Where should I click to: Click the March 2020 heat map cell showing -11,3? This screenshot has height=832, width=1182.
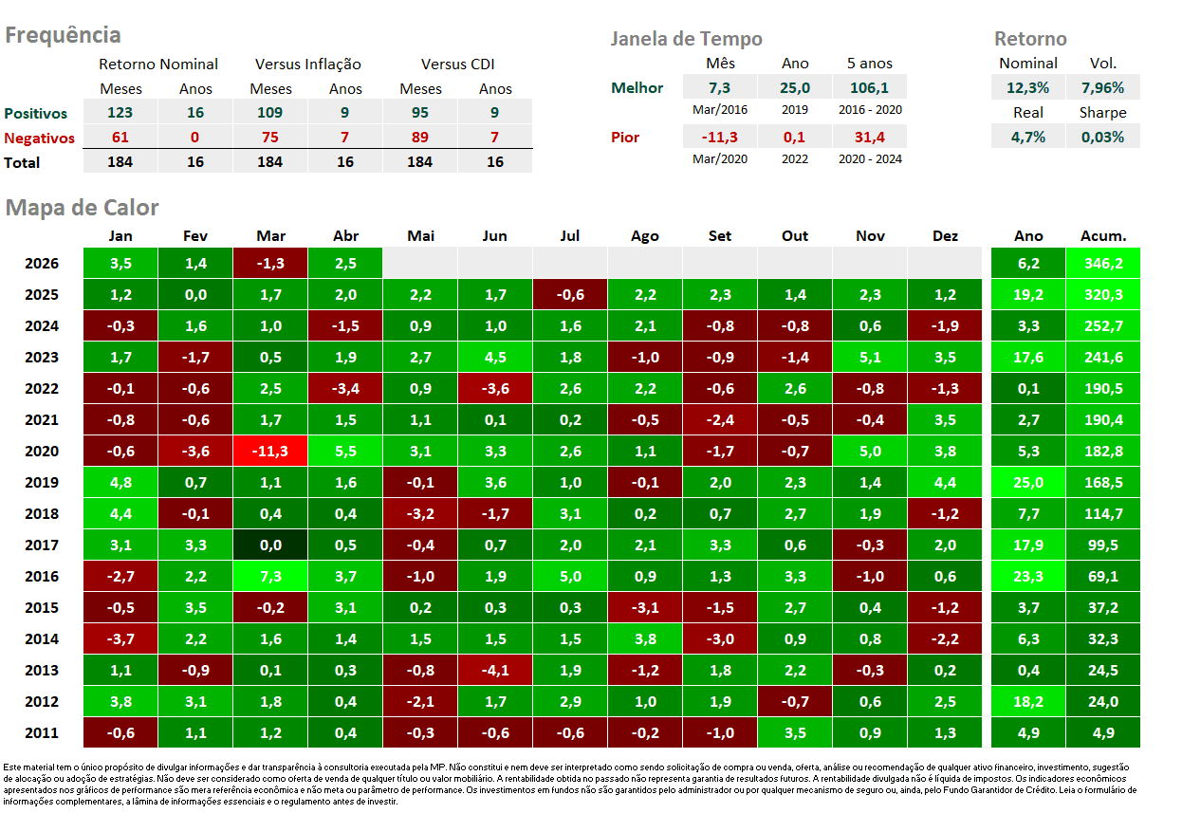[270, 451]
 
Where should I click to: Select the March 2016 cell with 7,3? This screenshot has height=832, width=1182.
[270, 576]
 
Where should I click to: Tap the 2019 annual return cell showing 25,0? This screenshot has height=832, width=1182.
[1028, 482]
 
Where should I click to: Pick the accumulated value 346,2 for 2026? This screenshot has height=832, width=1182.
[1103, 264]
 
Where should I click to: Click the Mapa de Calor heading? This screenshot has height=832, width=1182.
[82, 208]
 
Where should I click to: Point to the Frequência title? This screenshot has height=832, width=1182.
[63, 35]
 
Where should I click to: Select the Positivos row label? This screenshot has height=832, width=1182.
[36, 114]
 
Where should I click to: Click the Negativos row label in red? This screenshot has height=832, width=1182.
[40, 139]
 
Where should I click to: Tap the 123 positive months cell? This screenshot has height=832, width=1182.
[120, 112]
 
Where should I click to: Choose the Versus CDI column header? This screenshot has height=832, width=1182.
[457, 65]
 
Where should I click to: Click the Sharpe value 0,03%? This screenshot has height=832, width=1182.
[1103, 138]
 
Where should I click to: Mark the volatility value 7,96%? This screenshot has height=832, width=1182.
[1103, 87]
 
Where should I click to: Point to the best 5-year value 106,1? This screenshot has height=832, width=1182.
[870, 87]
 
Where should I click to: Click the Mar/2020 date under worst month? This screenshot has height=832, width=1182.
[720, 159]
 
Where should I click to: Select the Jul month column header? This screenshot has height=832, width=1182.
[570, 236]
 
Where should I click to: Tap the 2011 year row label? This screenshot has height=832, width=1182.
[42, 732]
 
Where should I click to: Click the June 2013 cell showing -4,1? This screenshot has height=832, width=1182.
[495, 670]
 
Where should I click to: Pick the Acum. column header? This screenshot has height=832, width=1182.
[1103, 236]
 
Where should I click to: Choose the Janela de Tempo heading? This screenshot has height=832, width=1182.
[687, 39]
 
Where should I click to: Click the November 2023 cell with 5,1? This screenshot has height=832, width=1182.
[870, 357]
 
